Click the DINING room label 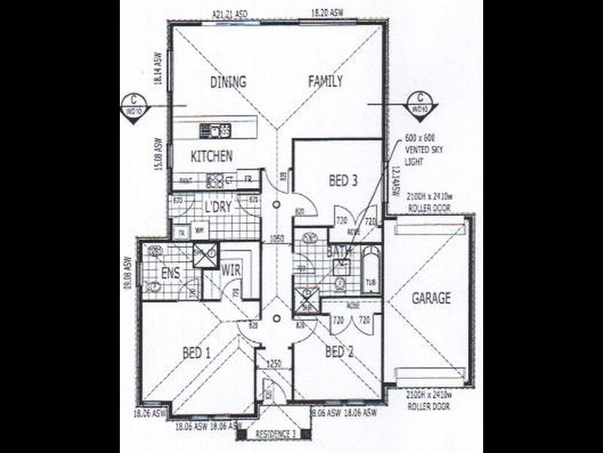click(x=228, y=82)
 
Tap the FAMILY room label click(x=325, y=82)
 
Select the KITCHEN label click(x=210, y=157)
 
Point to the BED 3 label click(x=343, y=181)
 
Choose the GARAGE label click(x=431, y=298)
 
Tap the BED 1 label click(x=198, y=352)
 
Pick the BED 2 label click(x=339, y=352)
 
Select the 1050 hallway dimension click(x=277, y=239)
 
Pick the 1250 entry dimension click(x=274, y=364)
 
